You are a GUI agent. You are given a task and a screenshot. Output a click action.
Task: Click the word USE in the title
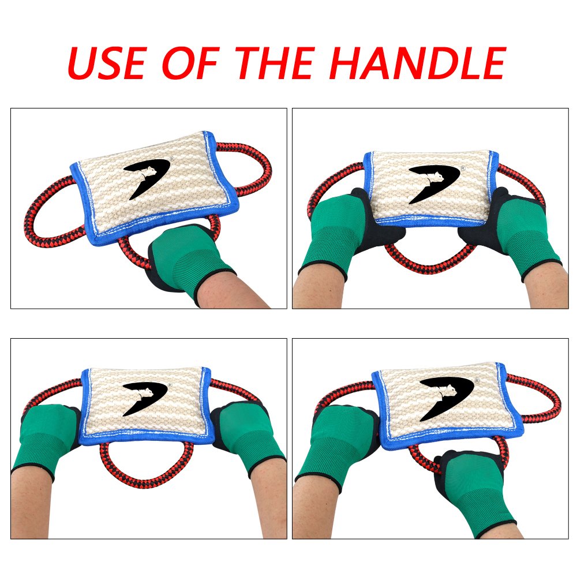click(x=107, y=63)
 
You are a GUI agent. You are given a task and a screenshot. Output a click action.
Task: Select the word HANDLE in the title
click(x=418, y=63)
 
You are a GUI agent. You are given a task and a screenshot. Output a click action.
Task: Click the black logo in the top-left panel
click(x=145, y=178)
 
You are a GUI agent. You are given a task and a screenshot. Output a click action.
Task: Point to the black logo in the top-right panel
click(x=433, y=183)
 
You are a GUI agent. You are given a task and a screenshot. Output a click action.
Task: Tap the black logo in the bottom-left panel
click(x=144, y=398)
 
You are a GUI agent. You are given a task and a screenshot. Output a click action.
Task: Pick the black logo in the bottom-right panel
click(x=447, y=398)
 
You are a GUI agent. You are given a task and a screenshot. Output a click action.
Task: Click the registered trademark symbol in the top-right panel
click(x=463, y=168)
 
